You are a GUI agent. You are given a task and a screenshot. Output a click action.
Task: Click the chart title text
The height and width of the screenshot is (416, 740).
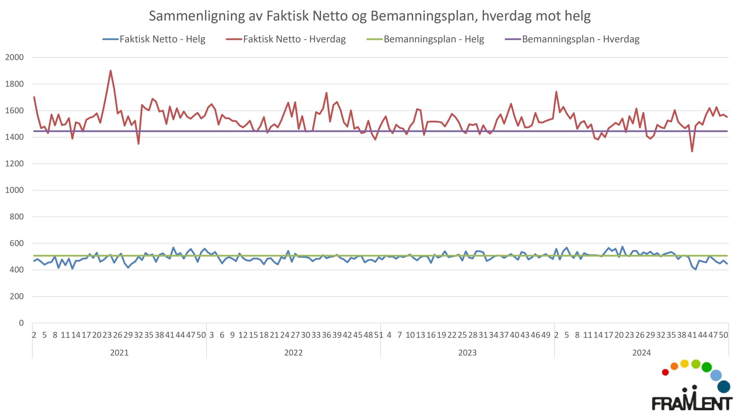click(370, 16)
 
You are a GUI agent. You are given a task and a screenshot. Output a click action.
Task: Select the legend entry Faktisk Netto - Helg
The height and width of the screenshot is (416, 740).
click(154, 39)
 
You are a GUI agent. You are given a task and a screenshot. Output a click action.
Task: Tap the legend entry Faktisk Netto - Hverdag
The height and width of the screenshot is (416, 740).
click(286, 39)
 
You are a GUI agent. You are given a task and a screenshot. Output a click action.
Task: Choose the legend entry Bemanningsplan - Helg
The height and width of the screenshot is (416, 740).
click(425, 39)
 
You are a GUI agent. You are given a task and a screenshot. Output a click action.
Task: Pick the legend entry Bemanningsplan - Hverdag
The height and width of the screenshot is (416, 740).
click(572, 39)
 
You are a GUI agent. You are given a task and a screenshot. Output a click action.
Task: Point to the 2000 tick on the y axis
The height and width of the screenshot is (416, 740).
click(14, 57)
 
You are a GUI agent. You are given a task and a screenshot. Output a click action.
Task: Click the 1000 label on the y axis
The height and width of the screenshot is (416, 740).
click(14, 190)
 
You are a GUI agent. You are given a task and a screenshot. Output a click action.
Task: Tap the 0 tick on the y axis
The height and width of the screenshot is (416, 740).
click(21, 323)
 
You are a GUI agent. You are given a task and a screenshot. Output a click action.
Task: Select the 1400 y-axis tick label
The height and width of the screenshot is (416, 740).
click(14, 137)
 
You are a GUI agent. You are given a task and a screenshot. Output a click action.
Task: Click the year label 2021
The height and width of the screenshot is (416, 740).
click(119, 353)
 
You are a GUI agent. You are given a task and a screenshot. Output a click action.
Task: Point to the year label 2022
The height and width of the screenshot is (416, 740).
click(293, 353)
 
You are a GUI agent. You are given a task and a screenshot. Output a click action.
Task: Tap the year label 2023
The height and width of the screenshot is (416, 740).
click(467, 353)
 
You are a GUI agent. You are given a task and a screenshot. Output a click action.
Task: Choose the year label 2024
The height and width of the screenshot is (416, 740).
click(641, 353)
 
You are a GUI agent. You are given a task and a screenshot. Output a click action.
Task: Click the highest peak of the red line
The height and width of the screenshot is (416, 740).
click(111, 71)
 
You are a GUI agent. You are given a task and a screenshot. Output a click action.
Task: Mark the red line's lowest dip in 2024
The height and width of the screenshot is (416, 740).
click(692, 151)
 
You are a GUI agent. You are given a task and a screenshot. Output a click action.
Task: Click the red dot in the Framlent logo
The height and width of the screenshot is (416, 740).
click(665, 372)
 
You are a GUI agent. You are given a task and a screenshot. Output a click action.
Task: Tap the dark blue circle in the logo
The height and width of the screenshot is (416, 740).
click(724, 387)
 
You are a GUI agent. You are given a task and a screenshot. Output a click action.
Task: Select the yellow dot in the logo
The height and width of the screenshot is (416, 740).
click(684, 364)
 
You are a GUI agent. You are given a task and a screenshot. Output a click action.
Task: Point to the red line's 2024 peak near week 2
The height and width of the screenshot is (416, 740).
click(556, 92)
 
